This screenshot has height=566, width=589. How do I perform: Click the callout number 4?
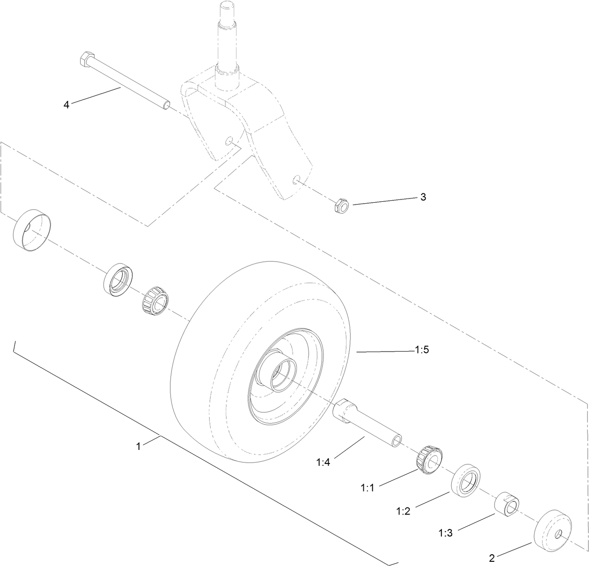click(x=66, y=105)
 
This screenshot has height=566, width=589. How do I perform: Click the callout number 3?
click(x=423, y=197)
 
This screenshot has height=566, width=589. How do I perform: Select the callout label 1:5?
click(x=421, y=350)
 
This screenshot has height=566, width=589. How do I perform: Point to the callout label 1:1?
click(x=367, y=488)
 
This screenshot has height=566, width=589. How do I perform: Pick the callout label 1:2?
click(x=403, y=511)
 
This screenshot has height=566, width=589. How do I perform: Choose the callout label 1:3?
click(x=445, y=533)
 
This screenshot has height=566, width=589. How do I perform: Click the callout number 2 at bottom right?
click(x=492, y=558)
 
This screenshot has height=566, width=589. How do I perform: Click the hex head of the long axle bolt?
click(x=86, y=59)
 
